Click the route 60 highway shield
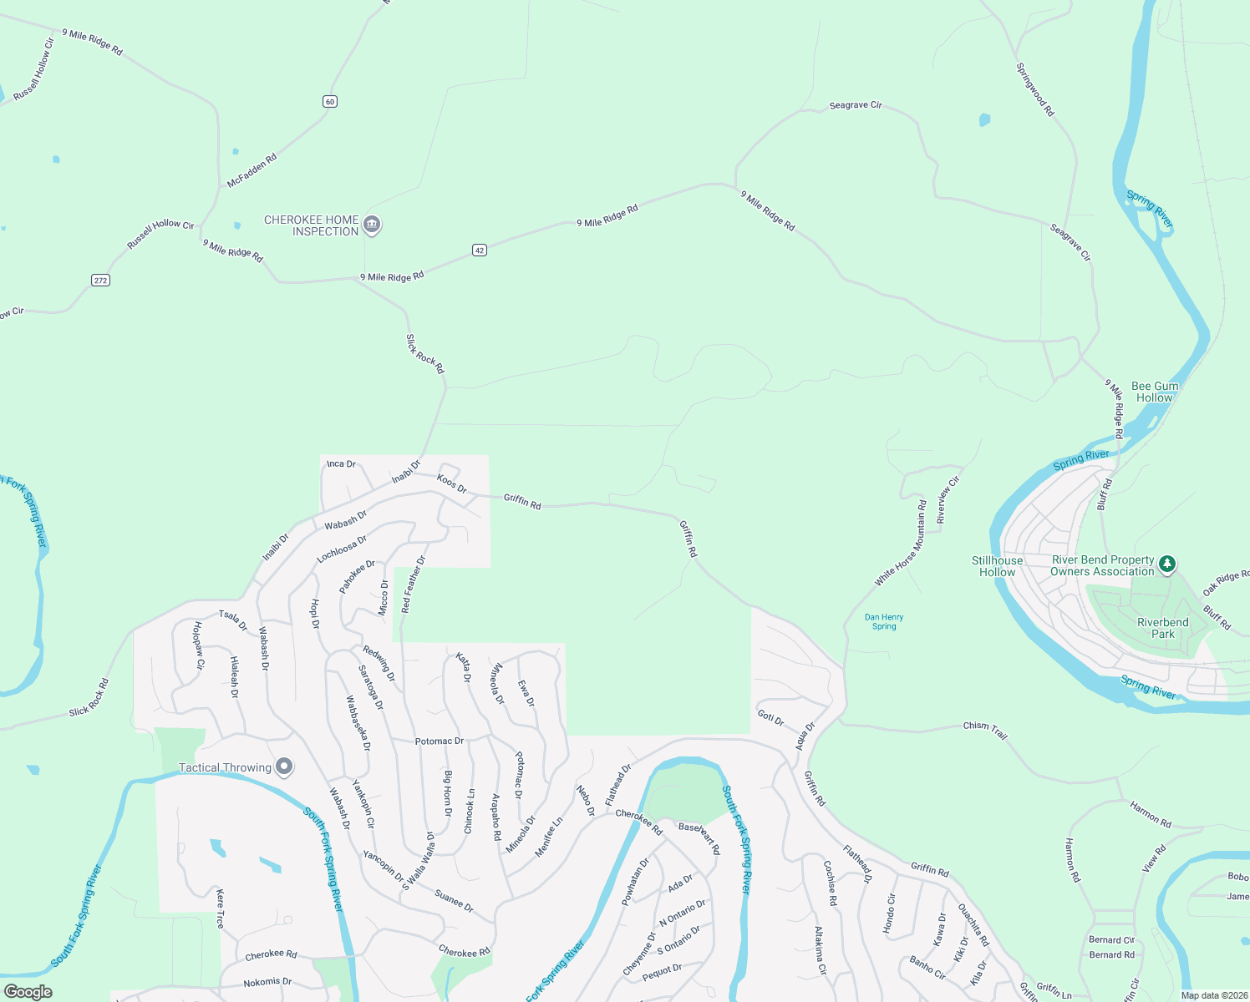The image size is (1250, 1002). click(330, 102)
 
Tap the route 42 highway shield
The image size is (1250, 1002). click(480, 250)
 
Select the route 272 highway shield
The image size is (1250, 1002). click(100, 280)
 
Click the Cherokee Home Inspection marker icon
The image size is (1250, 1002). click(373, 225)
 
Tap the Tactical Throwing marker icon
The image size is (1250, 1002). click(285, 767)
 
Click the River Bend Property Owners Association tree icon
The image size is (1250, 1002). click(1168, 565)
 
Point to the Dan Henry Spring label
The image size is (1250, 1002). click(884, 621)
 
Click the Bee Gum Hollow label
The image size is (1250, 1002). click(1155, 392)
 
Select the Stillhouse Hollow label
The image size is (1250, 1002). click(997, 566)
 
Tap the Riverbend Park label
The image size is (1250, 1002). click(1162, 628)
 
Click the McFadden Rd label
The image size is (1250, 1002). click(252, 170)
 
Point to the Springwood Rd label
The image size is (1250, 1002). click(1035, 89)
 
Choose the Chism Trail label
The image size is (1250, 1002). click(985, 730)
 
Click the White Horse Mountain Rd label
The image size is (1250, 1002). click(901, 543)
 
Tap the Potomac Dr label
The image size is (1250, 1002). click(440, 741)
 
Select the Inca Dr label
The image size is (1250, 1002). click(341, 463)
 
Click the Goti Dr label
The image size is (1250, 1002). click(770, 717)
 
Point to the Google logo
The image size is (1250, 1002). click(28, 992)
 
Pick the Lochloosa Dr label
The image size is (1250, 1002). click(342, 549)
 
